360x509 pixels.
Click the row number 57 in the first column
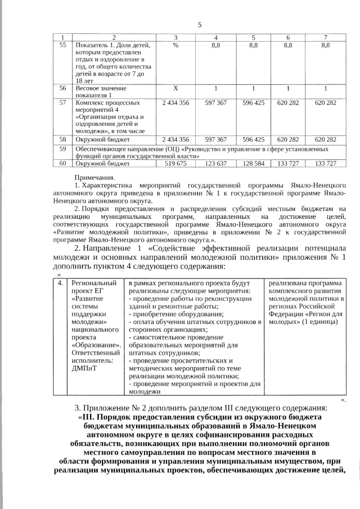[63, 103]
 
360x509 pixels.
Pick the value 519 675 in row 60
[175, 164]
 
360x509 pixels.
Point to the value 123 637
[215, 164]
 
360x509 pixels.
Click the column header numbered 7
[326, 37]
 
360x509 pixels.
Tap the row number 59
[63, 149]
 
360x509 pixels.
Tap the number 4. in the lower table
[60, 282]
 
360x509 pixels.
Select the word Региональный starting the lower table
[93, 282]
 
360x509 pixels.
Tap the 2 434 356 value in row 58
[175, 139]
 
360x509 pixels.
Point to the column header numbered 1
[63, 37]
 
